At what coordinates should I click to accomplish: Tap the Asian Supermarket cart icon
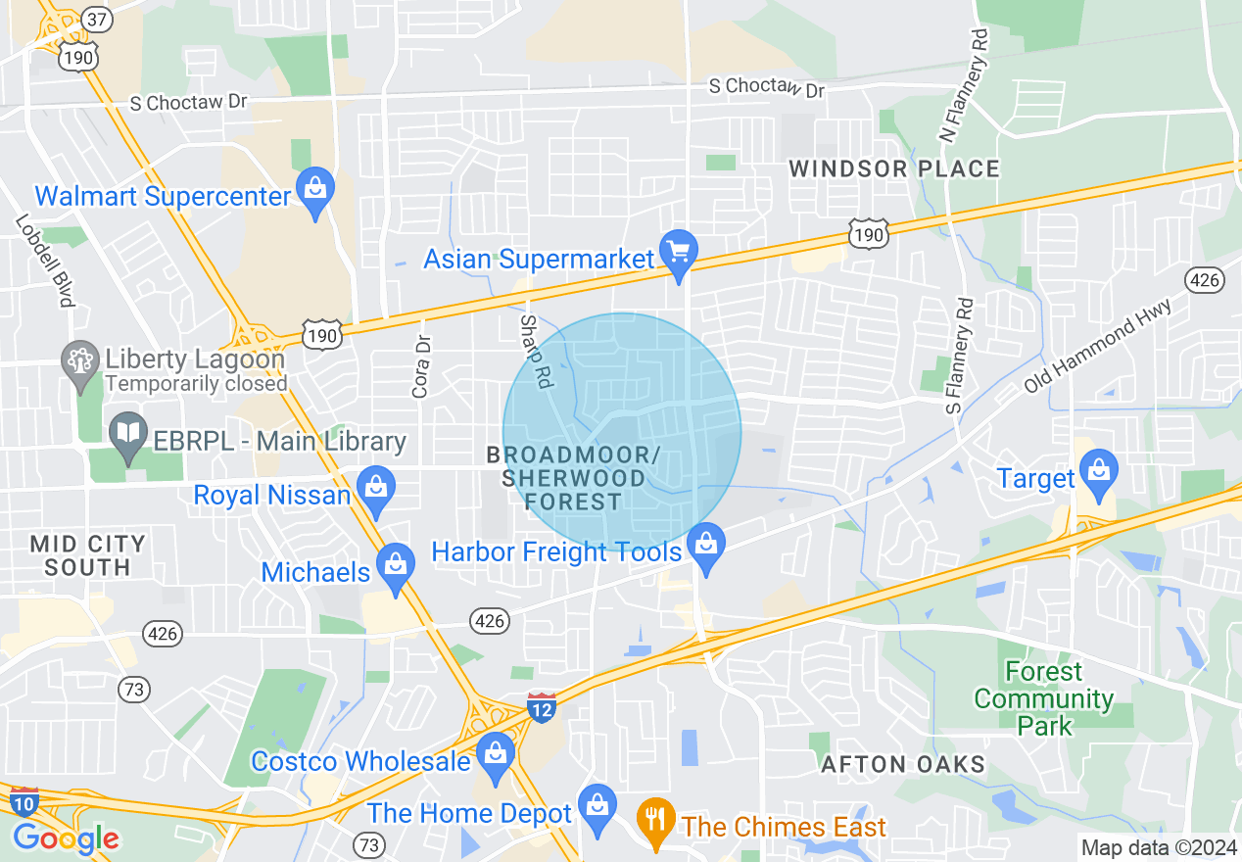(x=677, y=251)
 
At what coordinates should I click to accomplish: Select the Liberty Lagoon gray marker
(x=77, y=360)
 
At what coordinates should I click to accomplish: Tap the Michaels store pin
(x=395, y=567)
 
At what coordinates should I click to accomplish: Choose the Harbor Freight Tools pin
(x=705, y=547)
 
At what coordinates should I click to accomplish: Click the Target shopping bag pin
(x=1100, y=471)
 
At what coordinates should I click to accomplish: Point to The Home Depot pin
(x=596, y=807)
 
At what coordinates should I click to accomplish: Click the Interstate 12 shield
(x=541, y=706)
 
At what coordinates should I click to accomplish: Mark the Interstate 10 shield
(x=24, y=800)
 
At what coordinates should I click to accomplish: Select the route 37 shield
(x=70, y=20)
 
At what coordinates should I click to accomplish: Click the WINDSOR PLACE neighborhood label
(x=894, y=168)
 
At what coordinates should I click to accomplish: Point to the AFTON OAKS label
(x=902, y=764)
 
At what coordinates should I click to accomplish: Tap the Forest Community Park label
(x=1043, y=698)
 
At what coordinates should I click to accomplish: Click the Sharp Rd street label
(x=535, y=351)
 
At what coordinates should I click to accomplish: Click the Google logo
(x=66, y=838)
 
